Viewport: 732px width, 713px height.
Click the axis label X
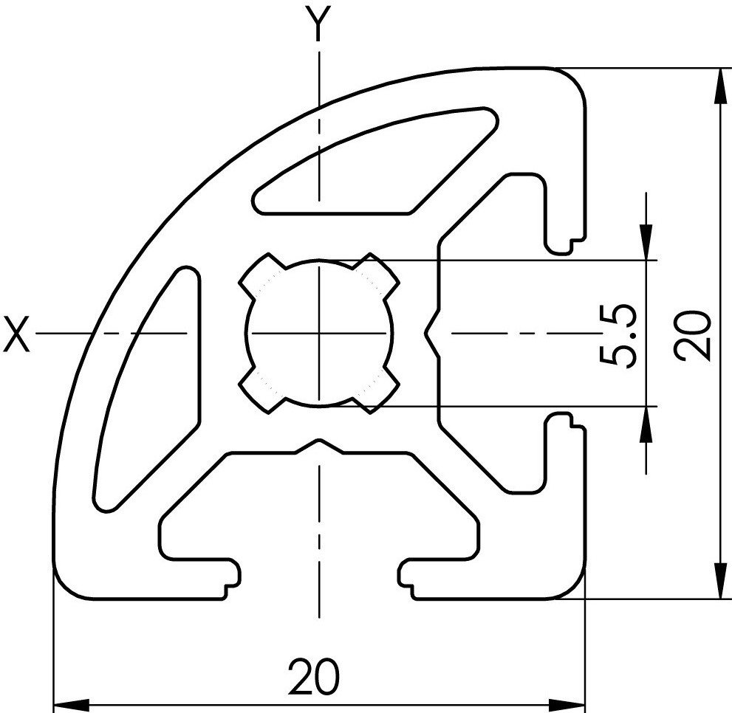point(16,334)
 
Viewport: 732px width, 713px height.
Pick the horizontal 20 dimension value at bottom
point(314,677)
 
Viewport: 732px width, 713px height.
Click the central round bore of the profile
point(319,333)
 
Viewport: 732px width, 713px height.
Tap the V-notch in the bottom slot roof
point(320,446)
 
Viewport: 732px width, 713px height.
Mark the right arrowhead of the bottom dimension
point(567,704)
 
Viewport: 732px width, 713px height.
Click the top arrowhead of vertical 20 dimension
point(721,86)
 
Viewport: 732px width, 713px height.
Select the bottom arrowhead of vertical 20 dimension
point(721,580)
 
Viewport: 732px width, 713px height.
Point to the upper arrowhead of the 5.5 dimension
point(646,241)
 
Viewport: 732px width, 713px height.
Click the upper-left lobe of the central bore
point(262,276)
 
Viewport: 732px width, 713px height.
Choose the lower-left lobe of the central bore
point(262,390)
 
